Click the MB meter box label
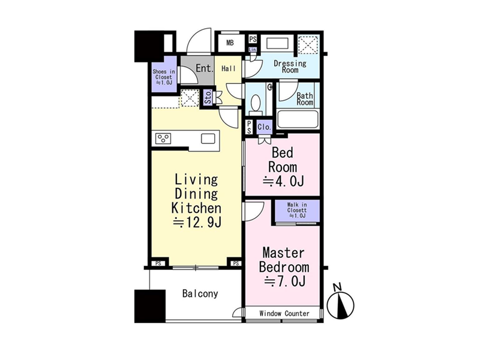coord(230,43)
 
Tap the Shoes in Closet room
coord(164,74)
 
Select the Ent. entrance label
coord(204,68)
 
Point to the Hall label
coord(229,68)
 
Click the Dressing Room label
coord(290,67)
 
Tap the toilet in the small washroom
coord(255,102)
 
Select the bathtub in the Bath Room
coord(298,119)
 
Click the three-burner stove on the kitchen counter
coord(163,139)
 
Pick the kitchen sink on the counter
coord(208,139)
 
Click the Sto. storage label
coord(208,98)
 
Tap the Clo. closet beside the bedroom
coord(264,127)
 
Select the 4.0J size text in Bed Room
coord(283,182)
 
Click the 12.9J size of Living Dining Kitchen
coord(197,223)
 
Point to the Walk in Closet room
coord(297,211)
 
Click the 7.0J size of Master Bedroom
coord(284,281)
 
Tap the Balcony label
coord(200,293)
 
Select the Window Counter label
coord(284,313)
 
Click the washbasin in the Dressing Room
coord(278,43)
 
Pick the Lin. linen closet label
coord(253,49)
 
